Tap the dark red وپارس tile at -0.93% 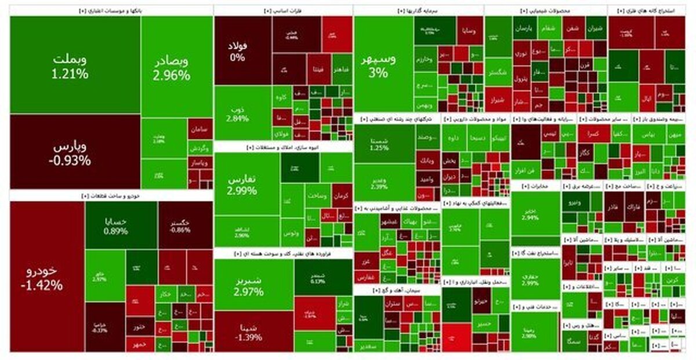[x=75, y=152]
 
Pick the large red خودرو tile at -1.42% [x=47, y=277]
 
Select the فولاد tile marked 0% [x=242, y=50]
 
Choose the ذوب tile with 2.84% [x=242, y=114]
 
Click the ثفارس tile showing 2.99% [x=245, y=184]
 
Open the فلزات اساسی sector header [x=282, y=10]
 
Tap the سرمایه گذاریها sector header [x=418, y=10]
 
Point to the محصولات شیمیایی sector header [x=545, y=10]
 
